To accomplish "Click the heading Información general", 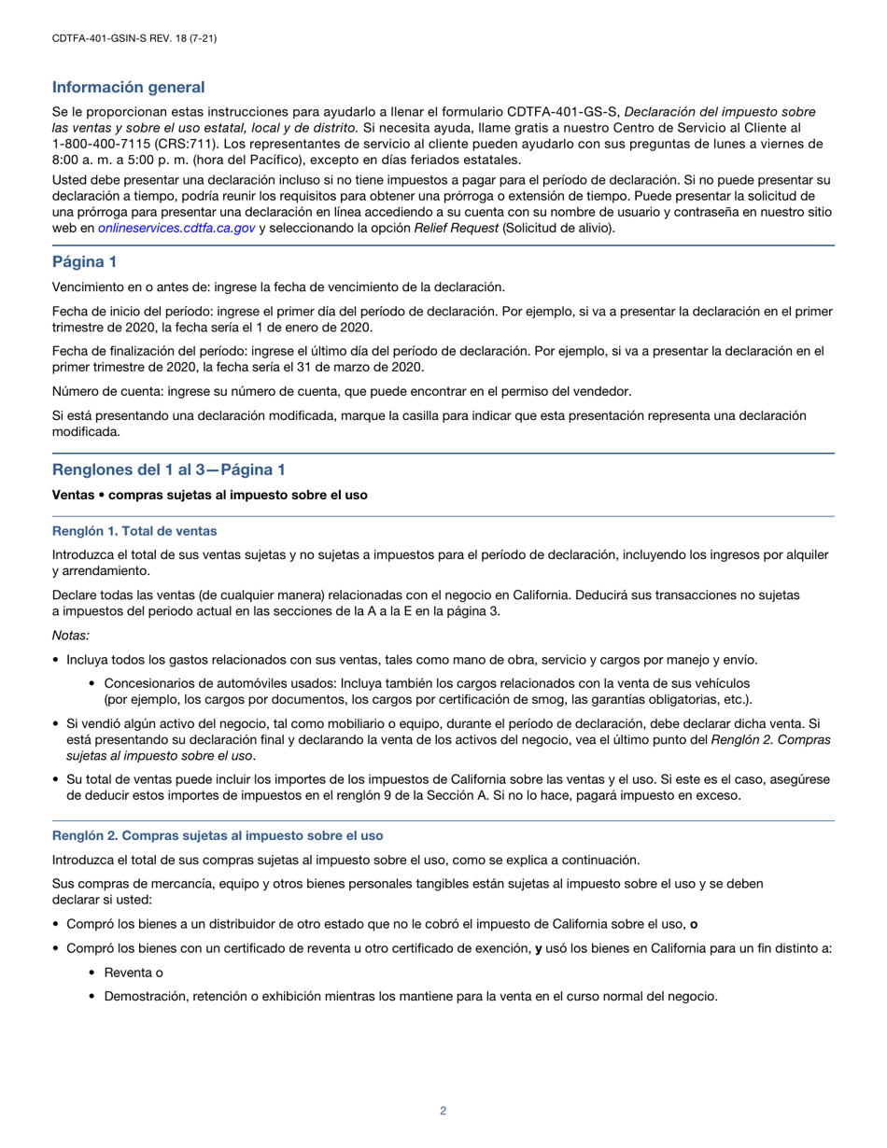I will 128,87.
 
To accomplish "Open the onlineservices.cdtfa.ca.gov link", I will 176,227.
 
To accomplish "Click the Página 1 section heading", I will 84,262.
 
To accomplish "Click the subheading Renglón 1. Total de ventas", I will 134,531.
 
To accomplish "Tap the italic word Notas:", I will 71,636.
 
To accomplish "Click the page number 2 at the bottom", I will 443,1111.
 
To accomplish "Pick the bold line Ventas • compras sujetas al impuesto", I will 210,495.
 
